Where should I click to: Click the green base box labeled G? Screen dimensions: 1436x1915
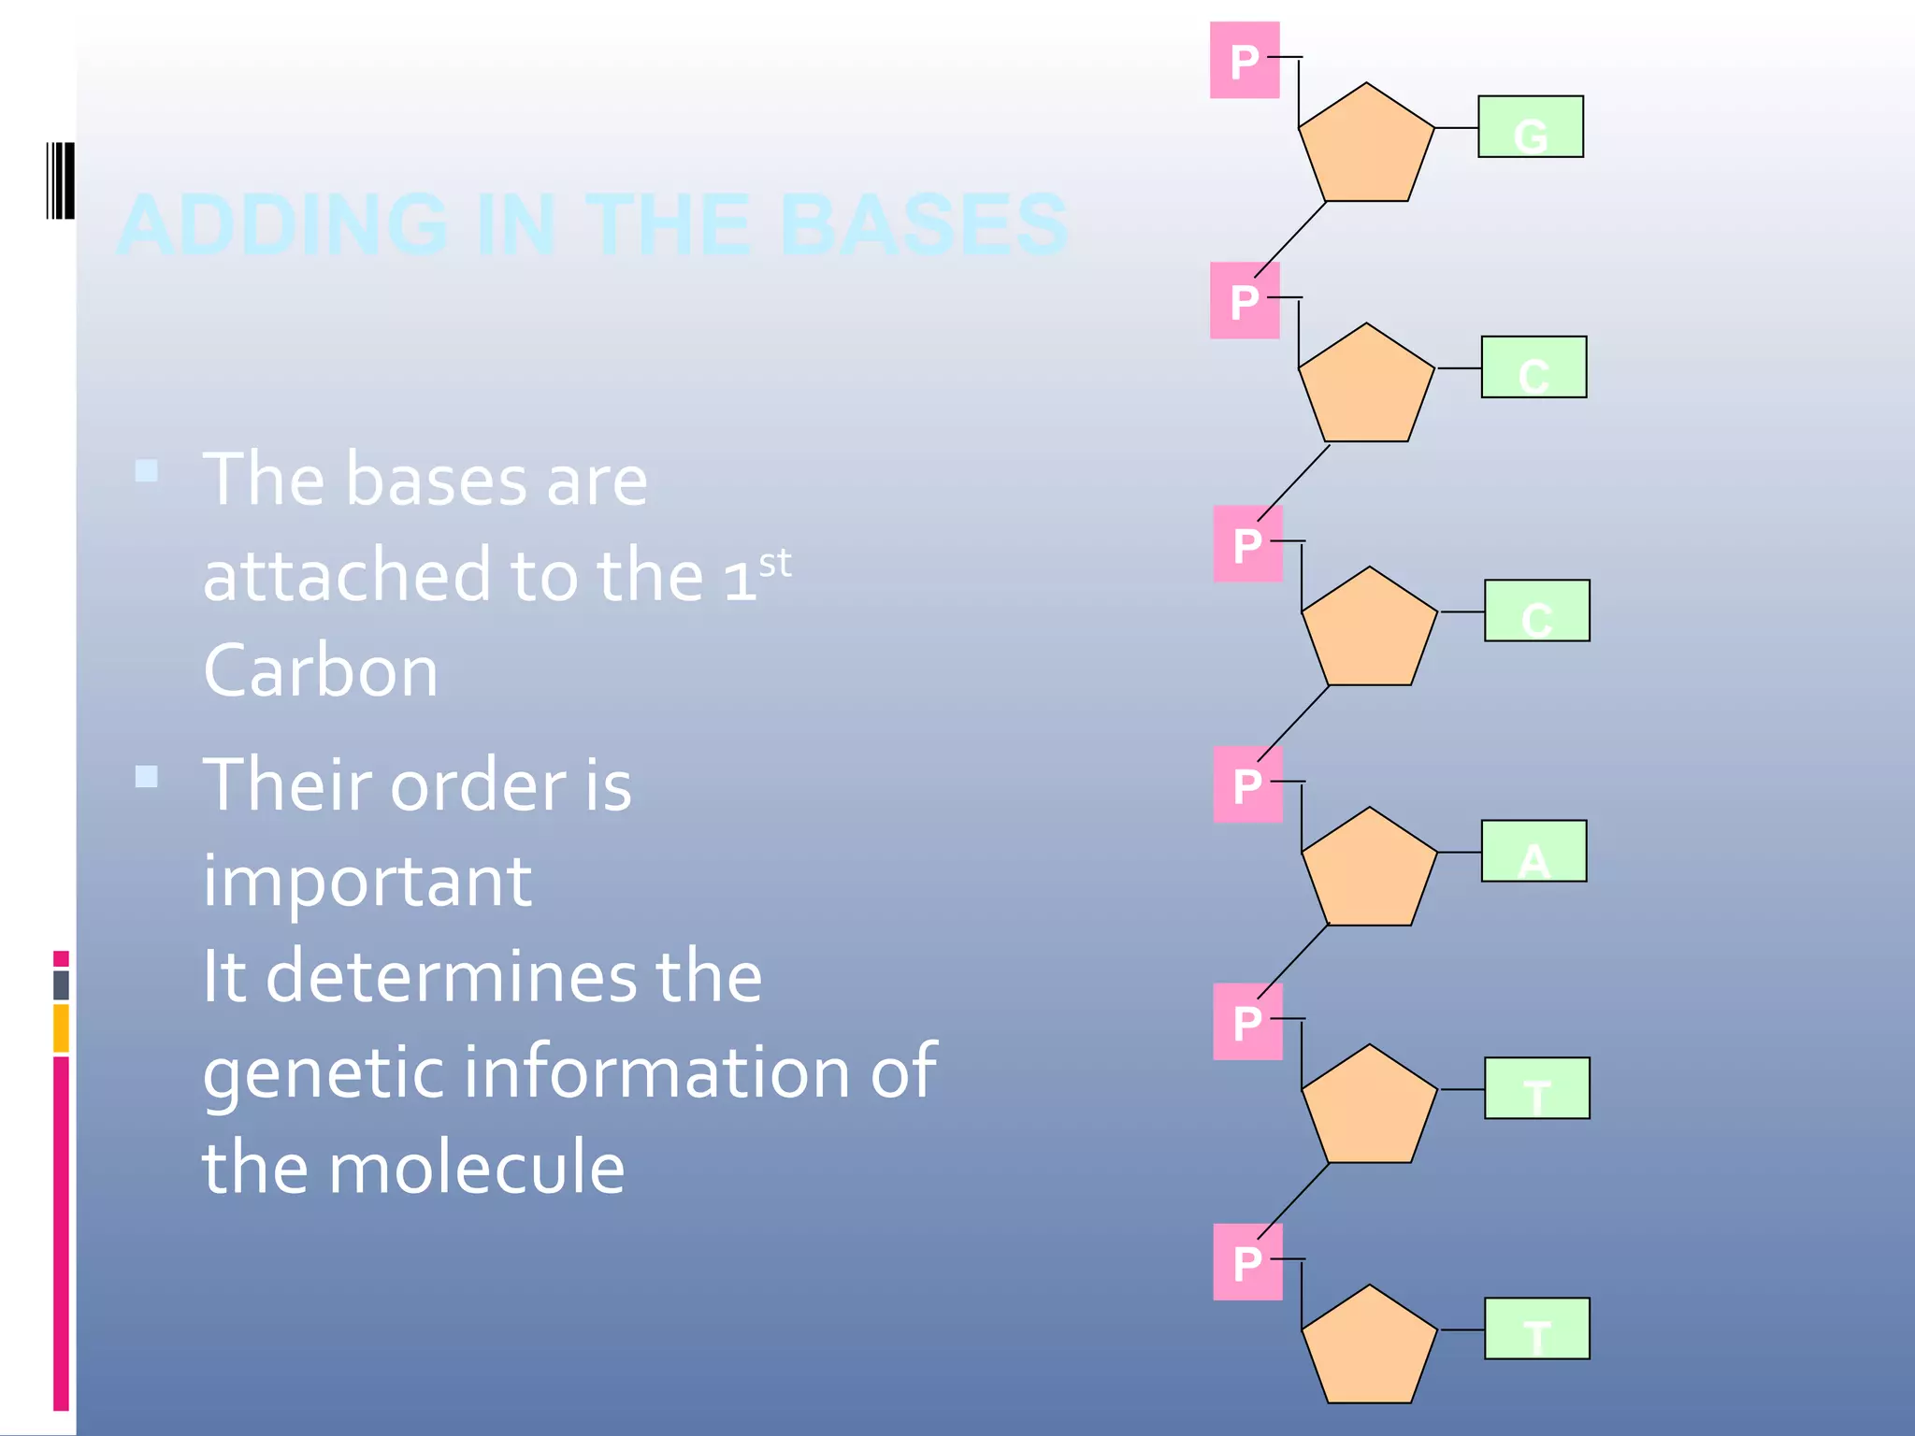[1530, 127]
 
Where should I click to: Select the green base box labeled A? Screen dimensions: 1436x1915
[1533, 851]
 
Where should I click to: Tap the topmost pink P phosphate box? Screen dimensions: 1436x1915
[1244, 61]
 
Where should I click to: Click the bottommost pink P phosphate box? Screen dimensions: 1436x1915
[1247, 1262]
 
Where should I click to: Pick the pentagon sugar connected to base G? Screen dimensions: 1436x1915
[1366, 147]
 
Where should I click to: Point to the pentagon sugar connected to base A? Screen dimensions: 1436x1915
[1369, 871]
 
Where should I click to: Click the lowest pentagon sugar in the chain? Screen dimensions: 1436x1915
[1369, 1349]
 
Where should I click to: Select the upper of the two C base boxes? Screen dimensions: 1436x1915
[1533, 367]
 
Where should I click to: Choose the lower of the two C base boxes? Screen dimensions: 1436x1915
[1536, 610]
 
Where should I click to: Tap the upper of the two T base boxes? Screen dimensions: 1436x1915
[1536, 1088]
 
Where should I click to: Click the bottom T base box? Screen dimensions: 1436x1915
[1536, 1328]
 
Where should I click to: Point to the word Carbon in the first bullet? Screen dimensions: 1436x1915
[321, 671]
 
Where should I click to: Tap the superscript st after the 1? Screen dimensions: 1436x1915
[775, 564]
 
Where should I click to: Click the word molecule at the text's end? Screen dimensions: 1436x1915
[476, 1168]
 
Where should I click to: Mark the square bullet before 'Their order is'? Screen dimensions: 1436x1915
[147, 777]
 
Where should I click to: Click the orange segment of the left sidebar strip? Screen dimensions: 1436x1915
[61, 1027]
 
